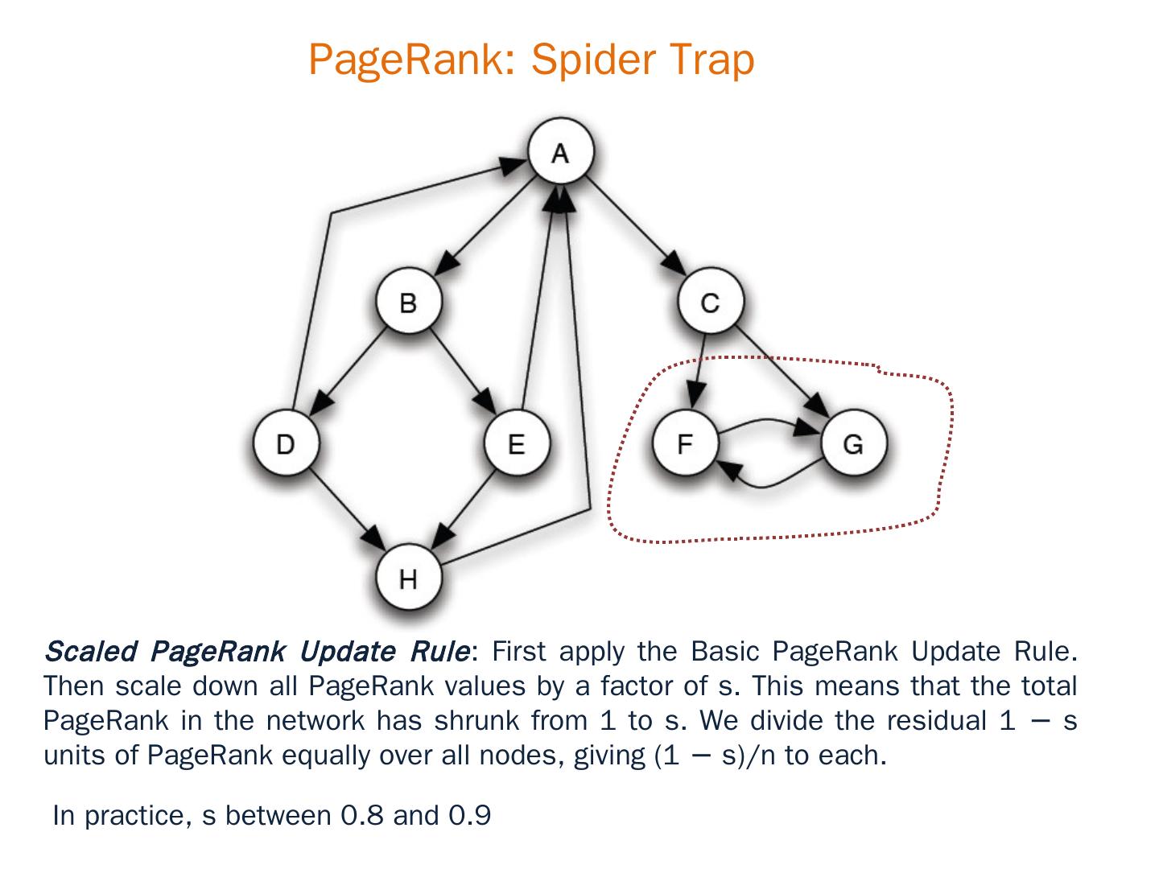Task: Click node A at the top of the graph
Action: click(560, 152)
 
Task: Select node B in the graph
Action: click(408, 303)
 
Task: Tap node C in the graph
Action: click(710, 303)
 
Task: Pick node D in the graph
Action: click(285, 443)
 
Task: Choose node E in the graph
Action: click(516, 443)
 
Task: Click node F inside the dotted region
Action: click(684, 443)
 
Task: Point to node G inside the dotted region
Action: click(853, 443)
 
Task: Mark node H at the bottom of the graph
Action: click(408, 578)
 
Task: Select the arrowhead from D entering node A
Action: click(514, 165)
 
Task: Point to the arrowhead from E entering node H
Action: click(443, 533)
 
